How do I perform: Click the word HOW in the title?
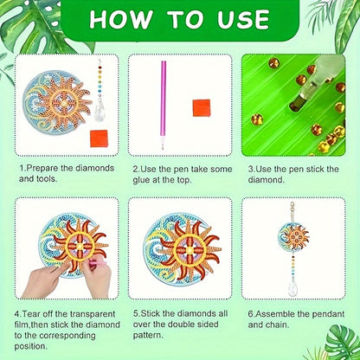(x=121, y=19)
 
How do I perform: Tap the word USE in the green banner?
(x=243, y=19)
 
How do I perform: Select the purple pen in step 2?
(x=163, y=105)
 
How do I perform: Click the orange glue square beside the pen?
(x=202, y=107)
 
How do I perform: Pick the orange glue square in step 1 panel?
(x=99, y=138)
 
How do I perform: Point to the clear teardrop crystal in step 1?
(x=99, y=108)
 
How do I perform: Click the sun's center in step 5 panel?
(x=190, y=250)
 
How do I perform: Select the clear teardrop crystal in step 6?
(x=292, y=287)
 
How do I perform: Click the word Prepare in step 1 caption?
(x=42, y=168)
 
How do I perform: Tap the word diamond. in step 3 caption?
(x=266, y=180)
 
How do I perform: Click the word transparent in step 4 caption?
(x=93, y=314)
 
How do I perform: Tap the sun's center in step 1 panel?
(x=64, y=102)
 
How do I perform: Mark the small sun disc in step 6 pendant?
(x=292, y=237)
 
